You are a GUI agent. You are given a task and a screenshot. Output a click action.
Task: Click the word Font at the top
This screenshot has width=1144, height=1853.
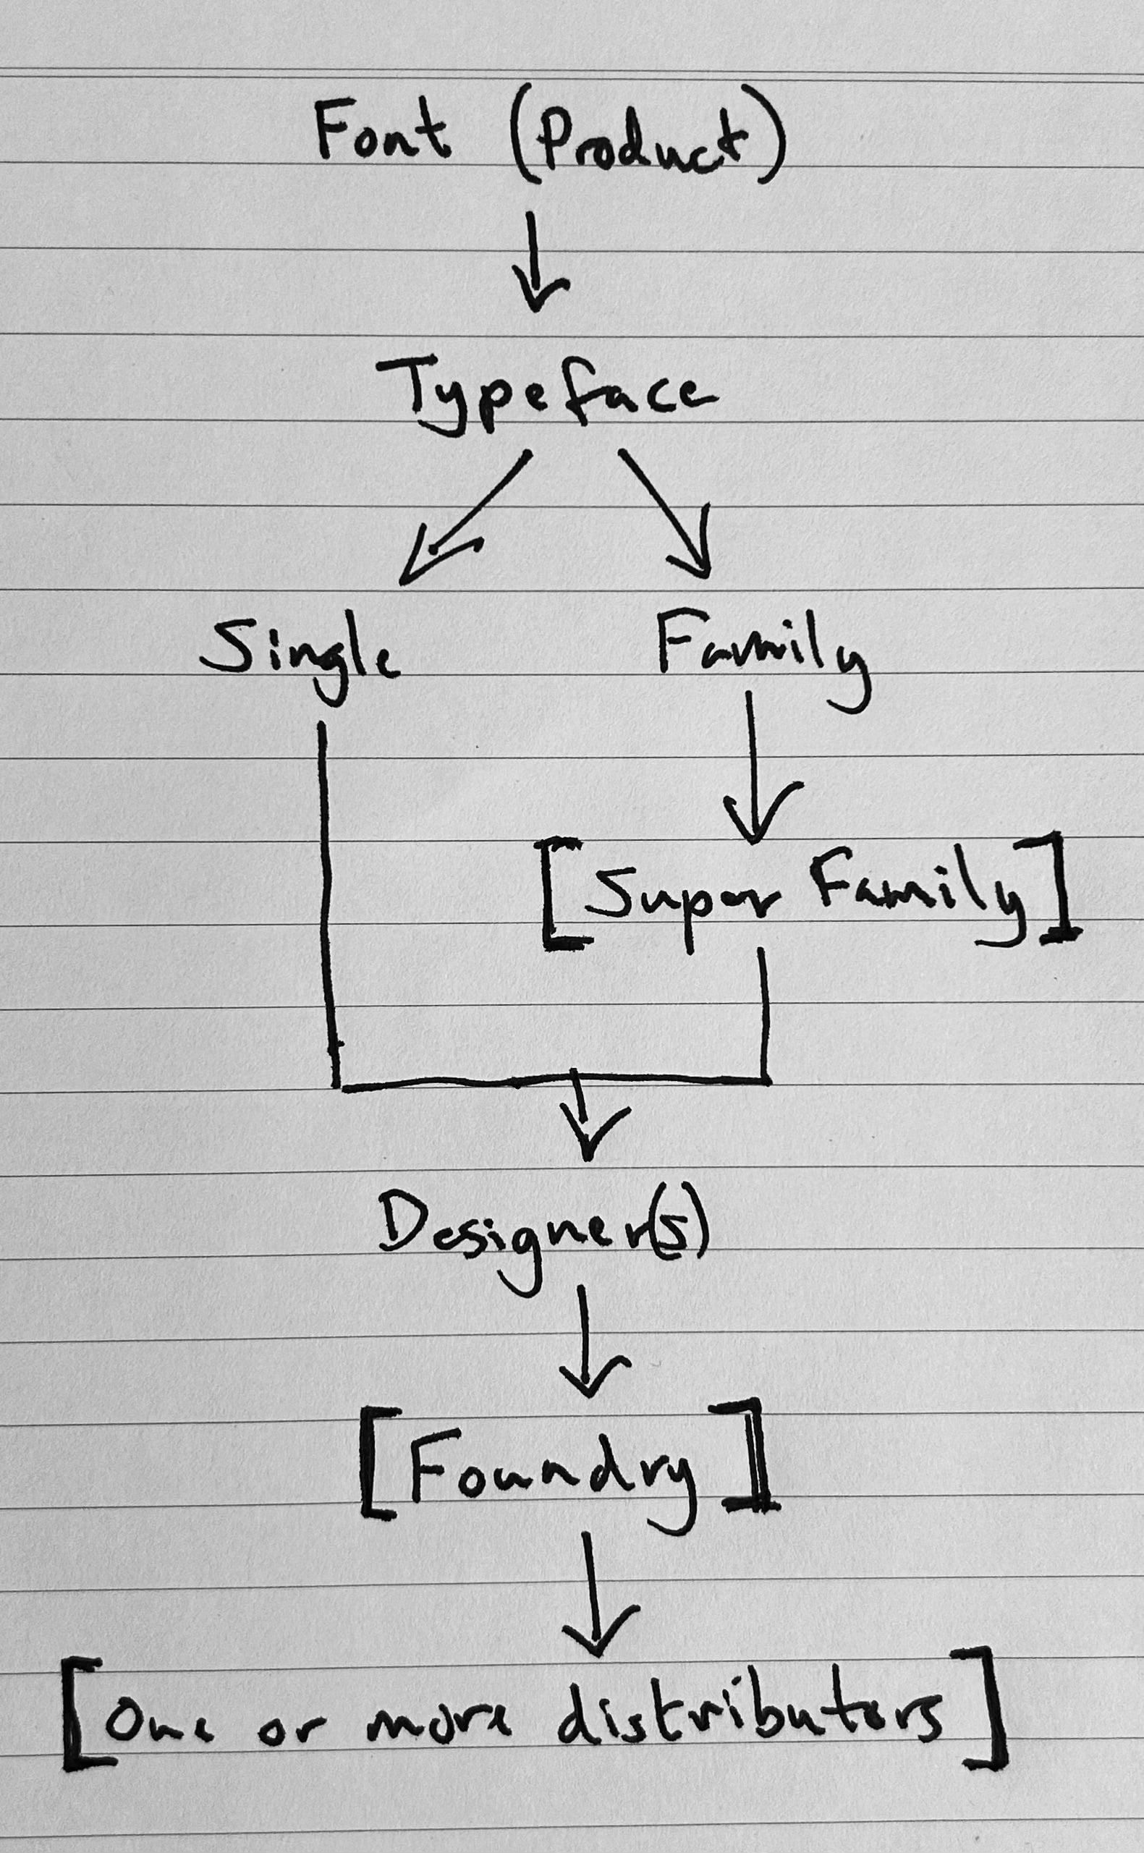pyautogui.click(x=381, y=132)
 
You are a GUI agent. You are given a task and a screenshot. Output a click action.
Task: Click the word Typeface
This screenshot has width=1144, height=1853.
pyautogui.click(x=545, y=394)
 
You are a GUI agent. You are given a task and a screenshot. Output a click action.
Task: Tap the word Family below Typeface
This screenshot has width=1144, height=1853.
pyautogui.click(x=760, y=654)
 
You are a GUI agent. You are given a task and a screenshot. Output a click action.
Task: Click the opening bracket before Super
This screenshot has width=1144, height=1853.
pyautogui.click(x=559, y=892)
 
